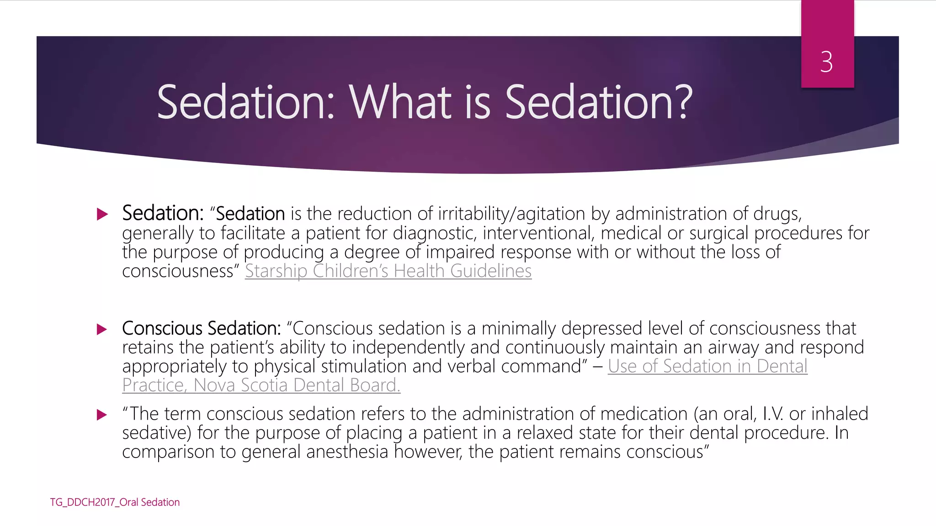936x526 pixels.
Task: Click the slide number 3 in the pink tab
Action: point(826,62)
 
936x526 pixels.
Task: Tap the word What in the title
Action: point(400,102)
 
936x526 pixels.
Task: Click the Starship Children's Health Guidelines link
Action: point(388,271)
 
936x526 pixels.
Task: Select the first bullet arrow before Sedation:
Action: point(102,214)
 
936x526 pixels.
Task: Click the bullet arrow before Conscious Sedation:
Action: point(102,329)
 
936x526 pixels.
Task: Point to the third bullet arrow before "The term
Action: point(102,415)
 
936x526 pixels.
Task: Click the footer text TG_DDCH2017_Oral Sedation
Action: point(115,502)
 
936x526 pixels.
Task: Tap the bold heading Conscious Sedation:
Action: point(201,329)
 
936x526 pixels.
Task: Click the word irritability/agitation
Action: point(511,214)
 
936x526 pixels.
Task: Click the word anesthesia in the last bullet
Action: point(347,452)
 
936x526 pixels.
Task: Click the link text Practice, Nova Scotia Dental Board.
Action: point(261,385)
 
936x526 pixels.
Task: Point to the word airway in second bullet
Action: point(733,348)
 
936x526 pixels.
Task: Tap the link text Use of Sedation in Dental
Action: point(707,367)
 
